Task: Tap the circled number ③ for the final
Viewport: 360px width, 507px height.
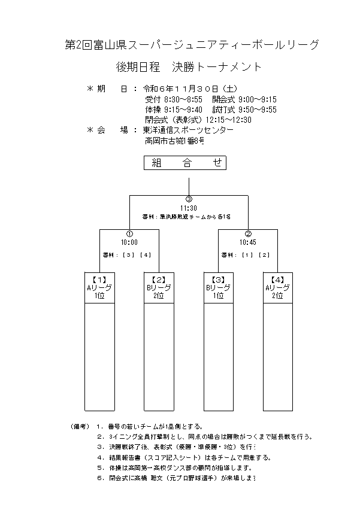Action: (189, 200)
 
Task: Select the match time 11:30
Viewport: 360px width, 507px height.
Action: (189, 208)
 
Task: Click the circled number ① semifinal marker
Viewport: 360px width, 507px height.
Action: (129, 234)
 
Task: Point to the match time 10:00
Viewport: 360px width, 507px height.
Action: (129, 242)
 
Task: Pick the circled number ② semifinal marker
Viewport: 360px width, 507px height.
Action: (248, 234)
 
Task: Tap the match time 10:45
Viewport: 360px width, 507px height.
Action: (248, 242)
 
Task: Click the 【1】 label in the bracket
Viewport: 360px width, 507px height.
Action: (99, 280)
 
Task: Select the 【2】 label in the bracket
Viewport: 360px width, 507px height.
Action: (159, 280)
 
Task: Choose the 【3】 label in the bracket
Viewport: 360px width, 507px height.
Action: (218, 280)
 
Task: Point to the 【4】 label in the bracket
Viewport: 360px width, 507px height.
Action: (277, 280)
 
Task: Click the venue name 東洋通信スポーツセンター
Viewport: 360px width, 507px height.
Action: (188, 130)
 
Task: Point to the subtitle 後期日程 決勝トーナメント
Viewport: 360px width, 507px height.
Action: (189, 67)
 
